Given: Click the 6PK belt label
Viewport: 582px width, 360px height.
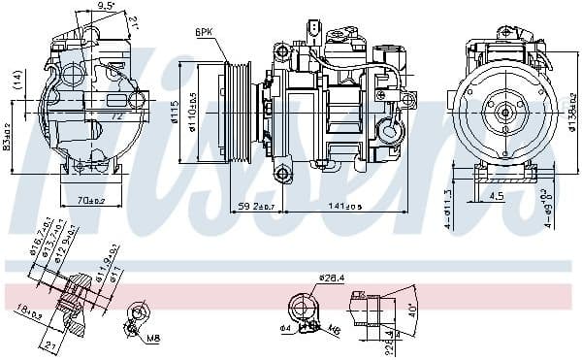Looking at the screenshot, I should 205,32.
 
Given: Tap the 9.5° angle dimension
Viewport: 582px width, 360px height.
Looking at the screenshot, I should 107,7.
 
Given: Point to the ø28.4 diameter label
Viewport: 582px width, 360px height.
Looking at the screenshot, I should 332,279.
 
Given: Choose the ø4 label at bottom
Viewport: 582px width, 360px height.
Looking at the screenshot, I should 287,328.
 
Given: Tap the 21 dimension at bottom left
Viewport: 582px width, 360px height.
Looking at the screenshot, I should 50,344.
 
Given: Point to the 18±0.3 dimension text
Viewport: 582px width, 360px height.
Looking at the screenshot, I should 29,311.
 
